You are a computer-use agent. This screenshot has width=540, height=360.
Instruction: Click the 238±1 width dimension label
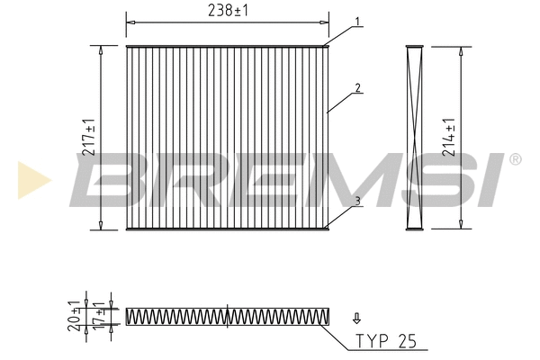(227, 10)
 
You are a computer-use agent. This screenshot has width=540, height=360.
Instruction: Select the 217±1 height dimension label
(89, 137)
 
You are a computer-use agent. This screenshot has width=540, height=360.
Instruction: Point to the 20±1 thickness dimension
(74, 316)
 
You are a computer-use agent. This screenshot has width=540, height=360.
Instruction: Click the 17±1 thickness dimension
(96, 317)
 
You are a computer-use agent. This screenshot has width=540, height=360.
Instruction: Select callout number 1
(357, 21)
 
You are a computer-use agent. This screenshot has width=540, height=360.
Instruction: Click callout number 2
(357, 88)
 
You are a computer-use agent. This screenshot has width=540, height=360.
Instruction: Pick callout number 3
(357, 202)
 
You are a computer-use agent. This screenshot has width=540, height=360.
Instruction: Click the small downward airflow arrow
(356, 317)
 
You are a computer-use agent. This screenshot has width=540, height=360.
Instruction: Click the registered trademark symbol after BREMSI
(515, 160)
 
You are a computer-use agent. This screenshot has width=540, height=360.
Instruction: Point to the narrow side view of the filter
(414, 137)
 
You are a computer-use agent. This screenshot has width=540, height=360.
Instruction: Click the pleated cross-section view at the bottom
(228, 316)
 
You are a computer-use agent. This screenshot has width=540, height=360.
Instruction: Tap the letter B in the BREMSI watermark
(108, 180)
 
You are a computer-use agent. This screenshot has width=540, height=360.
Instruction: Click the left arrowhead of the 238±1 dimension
(130, 19)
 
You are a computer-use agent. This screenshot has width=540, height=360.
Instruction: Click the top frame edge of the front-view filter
(227, 46)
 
